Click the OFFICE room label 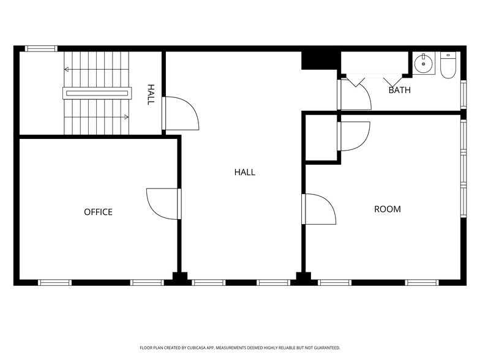tap(98, 212)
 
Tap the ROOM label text tap(388, 209)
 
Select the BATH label tap(399, 91)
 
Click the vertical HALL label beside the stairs tap(150, 95)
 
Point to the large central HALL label tap(244, 172)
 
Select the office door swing tap(162, 203)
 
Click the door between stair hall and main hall tap(182, 113)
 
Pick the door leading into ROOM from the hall tap(320, 209)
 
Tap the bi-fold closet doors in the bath tap(373, 80)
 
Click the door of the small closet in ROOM tap(354, 136)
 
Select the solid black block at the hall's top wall tap(320, 60)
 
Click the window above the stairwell tap(41, 48)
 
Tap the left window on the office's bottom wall tap(55, 282)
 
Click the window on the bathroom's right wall tap(463, 94)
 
